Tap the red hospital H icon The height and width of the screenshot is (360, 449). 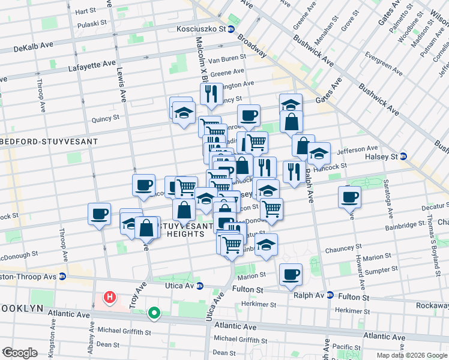(110, 297)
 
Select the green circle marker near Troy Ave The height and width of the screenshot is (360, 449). (154, 313)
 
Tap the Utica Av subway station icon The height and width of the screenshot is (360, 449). (200, 286)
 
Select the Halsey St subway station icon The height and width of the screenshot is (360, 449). (404, 157)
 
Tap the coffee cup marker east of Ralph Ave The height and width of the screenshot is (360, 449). (349, 196)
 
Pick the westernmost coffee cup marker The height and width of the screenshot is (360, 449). (100, 214)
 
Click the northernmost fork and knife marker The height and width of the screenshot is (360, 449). (211, 94)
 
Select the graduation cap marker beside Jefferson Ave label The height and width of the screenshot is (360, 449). (319, 152)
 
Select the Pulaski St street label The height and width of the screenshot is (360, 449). (94, 25)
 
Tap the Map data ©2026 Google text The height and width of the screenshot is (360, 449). (411, 355)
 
